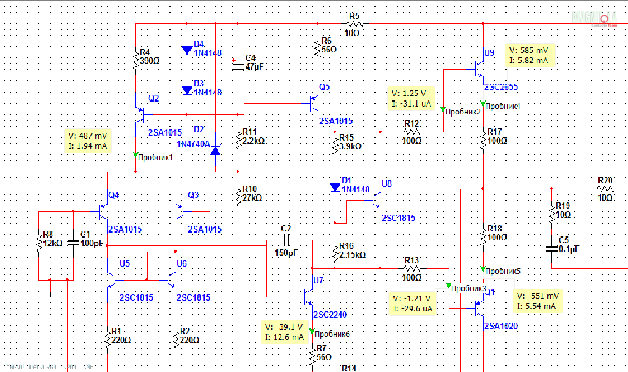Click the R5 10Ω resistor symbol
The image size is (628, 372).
click(355, 24)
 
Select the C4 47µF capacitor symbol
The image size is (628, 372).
click(238, 66)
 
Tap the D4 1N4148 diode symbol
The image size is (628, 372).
click(187, 50)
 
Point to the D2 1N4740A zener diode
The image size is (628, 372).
click(216, 149)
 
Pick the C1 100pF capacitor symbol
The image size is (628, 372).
click(72, 243)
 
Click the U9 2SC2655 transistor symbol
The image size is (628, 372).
click(478, 71)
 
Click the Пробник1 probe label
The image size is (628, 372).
click(155, 157)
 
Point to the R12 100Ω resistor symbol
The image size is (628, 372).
click(412, 132)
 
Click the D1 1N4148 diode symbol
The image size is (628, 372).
click(335, 187)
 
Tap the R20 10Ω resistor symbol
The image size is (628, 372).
click(605, 189)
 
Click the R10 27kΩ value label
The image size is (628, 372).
click(252, 197)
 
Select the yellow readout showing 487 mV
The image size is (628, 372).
click(89, 141)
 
